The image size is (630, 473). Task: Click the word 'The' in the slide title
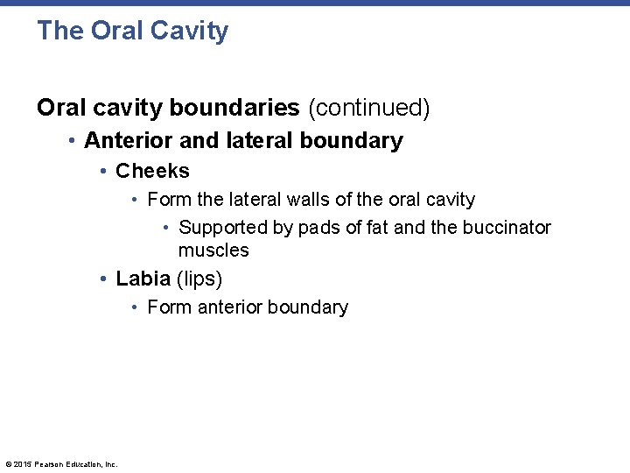[x=59, y=31]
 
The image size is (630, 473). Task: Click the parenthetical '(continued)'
[x=368, y=108]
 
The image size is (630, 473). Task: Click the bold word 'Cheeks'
[x=152, y=171]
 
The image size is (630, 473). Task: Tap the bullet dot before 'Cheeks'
[x=104, y=171]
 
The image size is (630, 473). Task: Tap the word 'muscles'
[x=213, y=251]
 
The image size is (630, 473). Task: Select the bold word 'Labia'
[x=143, y=279]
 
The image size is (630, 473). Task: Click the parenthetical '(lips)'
[x=199, y=279]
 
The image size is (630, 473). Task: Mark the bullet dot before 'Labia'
[x=104, y=279]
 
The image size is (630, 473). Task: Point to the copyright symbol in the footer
[x=8, y=464]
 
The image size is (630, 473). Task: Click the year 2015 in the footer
[x=22, y=464]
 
